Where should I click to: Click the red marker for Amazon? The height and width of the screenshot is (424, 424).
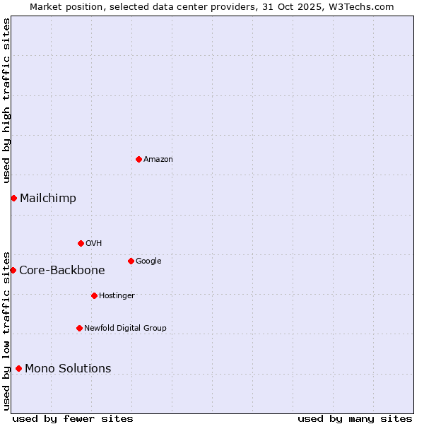139,159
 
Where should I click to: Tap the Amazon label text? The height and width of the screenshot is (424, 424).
158,160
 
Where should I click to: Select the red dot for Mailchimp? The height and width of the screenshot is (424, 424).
13,198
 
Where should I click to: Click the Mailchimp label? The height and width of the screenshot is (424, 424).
48,199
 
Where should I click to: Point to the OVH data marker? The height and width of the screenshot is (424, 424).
81,243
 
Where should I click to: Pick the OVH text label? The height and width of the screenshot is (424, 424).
94,244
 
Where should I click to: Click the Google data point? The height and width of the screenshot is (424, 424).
131,261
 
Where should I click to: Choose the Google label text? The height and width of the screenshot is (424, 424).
148,261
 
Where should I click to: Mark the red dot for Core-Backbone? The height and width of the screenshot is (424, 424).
13,270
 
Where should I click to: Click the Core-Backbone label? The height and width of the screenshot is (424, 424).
62,271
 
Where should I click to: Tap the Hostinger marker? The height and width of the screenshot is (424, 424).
94,295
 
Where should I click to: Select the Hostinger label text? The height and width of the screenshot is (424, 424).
117,296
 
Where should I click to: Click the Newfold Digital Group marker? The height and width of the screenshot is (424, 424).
79,328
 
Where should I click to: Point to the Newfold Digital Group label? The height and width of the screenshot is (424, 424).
125,329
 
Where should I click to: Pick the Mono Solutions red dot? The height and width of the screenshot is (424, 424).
18,368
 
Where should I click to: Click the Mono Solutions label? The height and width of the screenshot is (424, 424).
68,369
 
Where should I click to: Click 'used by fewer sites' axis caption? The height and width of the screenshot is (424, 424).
73,418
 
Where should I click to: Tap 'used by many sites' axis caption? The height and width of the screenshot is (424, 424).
355,418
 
